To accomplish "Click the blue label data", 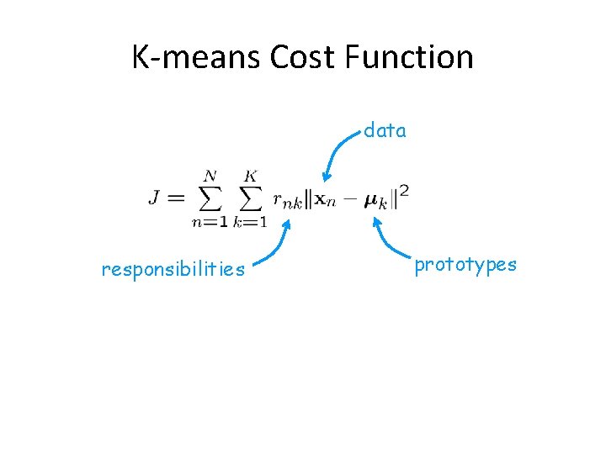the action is click(385, 130).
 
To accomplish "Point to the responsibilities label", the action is click(173, 269).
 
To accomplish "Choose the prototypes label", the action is click(465, 264).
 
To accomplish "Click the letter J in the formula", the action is click(156, 198).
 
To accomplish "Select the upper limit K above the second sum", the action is click(250, 176).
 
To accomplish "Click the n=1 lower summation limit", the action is click(209, 222).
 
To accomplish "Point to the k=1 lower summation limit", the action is click(250, 222).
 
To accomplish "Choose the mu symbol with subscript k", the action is click(376, 202).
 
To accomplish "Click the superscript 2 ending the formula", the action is click(405, 191).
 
